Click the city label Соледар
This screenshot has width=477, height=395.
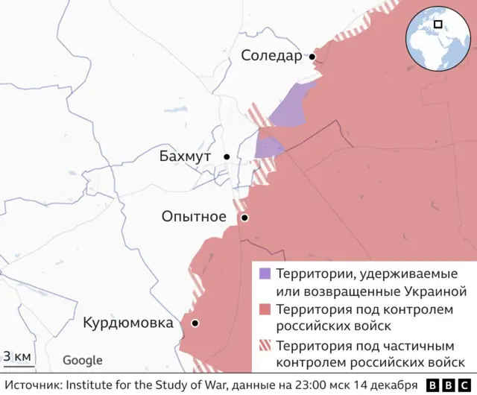coord(271,56)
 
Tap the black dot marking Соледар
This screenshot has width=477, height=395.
coord(313,57)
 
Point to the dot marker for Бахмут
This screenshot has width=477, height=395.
coord(227,157)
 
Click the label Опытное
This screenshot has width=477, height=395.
coord(194,217)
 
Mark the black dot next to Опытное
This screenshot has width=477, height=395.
coord(244,218)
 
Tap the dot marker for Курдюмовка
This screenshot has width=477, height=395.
coord(195,323)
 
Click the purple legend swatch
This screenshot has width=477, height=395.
coord(265,274)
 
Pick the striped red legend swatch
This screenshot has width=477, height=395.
coord(265,346)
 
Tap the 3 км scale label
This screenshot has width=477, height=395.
coord(17,356)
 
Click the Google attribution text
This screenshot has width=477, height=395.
coord(82,361)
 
